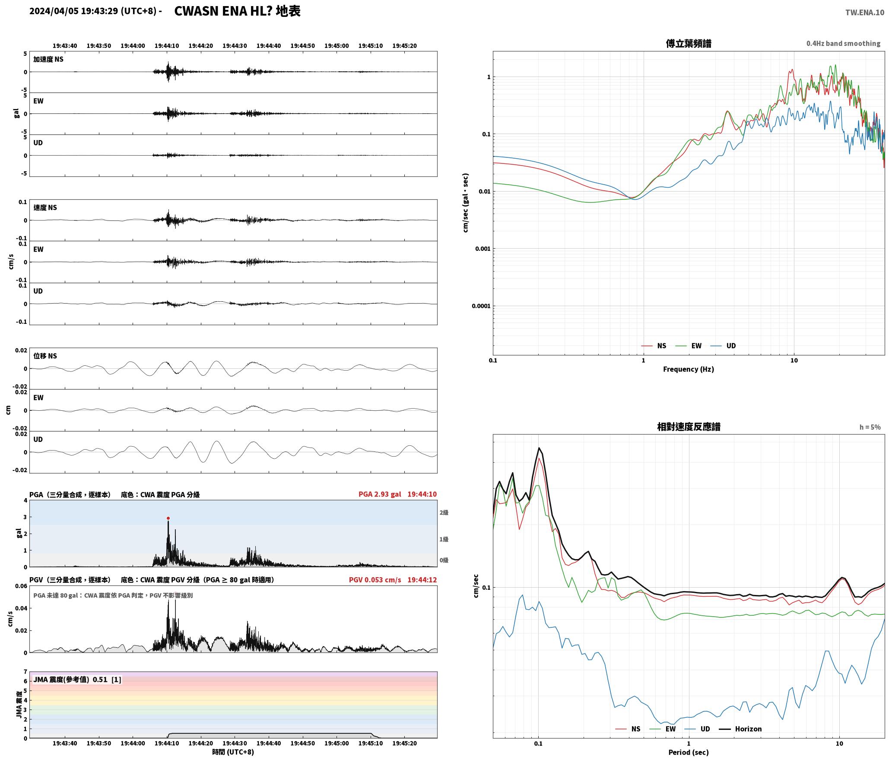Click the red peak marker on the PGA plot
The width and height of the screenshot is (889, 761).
point(168,518)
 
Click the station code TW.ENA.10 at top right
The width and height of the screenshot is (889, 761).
point(865,13)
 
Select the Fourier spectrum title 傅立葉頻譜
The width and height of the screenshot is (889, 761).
point(689,43)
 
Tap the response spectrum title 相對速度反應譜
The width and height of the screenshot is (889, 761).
point(689,427)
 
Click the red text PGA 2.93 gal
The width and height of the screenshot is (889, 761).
point(380,494)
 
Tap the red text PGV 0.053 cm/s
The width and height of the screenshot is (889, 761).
point(375,580)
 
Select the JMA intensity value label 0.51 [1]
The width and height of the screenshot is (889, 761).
point(107,680)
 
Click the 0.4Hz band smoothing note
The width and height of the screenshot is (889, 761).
point(843,44)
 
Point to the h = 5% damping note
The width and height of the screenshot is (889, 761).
point(870,427)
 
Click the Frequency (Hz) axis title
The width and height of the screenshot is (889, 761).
point(689,369)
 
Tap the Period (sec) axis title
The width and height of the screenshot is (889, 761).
point(689,752)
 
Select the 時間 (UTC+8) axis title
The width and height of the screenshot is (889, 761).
point(233,752)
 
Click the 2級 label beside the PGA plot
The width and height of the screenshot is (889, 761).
point(444,513)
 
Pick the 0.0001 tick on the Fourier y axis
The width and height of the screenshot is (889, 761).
point(481,306)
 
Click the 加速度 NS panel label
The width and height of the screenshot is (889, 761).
point(48,59)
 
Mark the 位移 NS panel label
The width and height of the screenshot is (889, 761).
point(45,356)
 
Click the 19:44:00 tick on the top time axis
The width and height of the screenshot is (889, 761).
point(133,46)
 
